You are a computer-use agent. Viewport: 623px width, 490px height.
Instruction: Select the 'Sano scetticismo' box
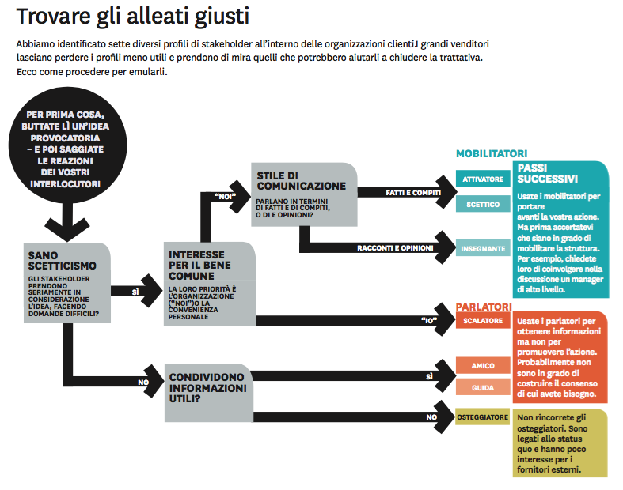click(69, 282)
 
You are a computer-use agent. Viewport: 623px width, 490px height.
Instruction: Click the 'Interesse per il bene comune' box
click(209, 283)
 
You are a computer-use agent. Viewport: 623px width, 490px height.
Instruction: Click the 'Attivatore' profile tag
click(483, 179)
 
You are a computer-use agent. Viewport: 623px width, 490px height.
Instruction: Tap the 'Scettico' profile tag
click(483, 205)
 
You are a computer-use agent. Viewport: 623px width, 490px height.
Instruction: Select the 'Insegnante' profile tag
click(483, 248)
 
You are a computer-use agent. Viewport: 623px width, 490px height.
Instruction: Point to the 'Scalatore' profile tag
click(483, 320)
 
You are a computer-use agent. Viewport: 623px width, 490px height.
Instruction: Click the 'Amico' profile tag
click(483, 366)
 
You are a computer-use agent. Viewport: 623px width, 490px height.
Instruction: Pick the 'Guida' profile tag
click(483, 387)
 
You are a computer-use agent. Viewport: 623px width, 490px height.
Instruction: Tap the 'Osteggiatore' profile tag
click(483, 416)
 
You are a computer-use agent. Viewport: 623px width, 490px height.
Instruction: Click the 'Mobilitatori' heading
click(492, 153)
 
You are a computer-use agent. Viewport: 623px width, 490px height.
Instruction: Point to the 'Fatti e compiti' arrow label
click(412, 192)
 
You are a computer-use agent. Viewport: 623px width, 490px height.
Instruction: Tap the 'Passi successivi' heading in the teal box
click(548, 173)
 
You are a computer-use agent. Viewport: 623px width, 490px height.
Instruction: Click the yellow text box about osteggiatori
click(560, 443)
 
